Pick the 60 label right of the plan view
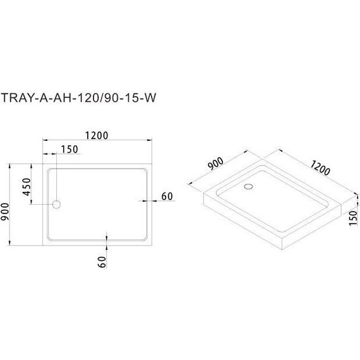(166, 196)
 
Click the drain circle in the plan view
(57, 205)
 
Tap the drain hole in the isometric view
(248, 186)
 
